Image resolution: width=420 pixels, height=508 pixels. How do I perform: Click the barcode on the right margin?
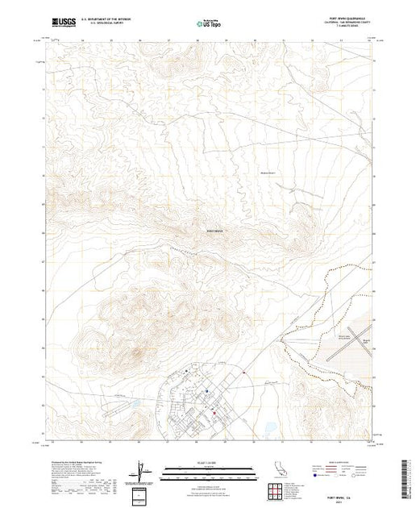(411, 472)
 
